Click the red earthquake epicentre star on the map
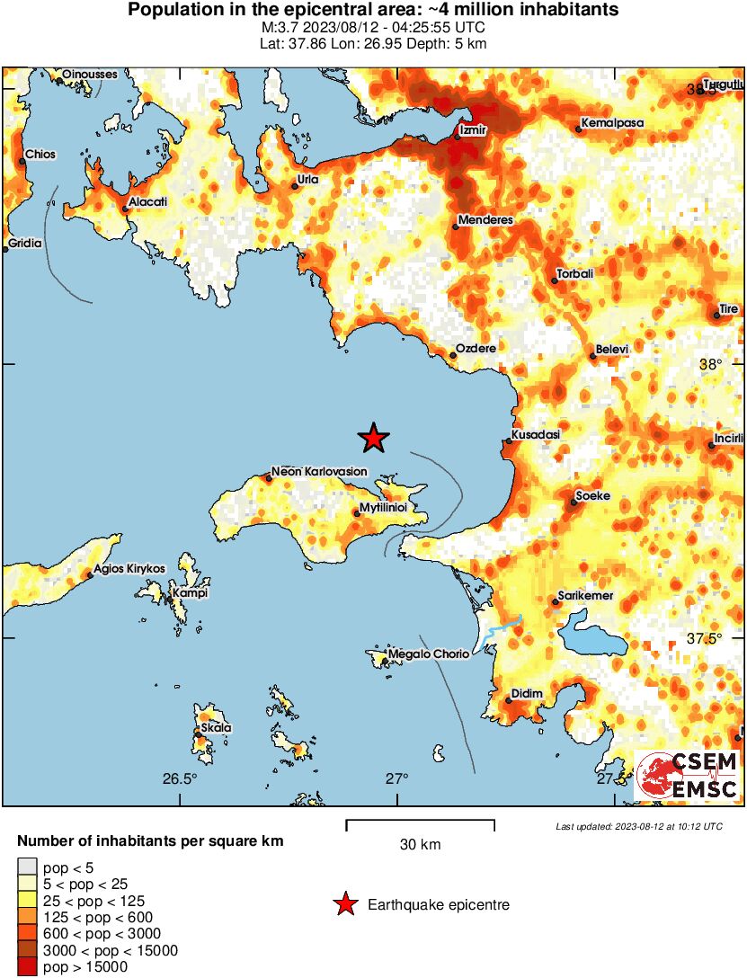374,438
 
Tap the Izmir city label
473,130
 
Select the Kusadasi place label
536,435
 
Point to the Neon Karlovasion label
319,472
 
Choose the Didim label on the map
527,694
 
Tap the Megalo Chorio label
428,654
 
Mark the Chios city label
40,155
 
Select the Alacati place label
148,202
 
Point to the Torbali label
575,274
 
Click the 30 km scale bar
420,822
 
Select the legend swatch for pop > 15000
28,967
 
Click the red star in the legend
344,904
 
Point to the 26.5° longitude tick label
180,778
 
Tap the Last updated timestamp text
638,826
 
